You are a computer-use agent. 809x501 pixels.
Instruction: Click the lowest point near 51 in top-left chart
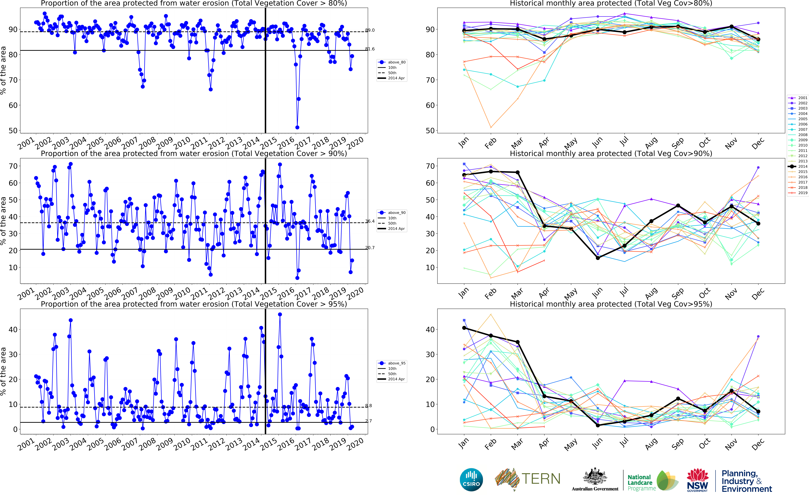(297, 127)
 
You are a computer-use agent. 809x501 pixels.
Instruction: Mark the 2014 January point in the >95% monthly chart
(464, 328)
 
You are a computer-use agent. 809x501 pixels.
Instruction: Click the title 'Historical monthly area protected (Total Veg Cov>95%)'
(611, 304)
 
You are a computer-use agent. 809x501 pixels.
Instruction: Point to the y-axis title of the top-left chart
(3, 70)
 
